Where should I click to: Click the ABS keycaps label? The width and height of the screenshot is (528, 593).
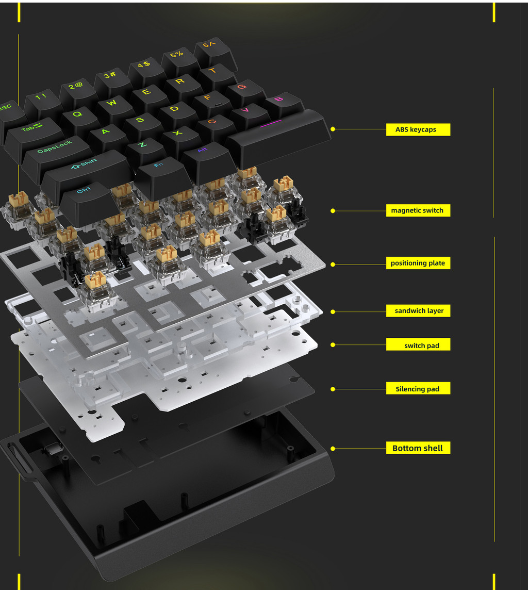[418, 129]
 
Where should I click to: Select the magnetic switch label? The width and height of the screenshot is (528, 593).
[418, 210]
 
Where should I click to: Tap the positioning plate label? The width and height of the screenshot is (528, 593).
[418, 263]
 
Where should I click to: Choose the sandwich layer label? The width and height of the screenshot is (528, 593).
[418, 310]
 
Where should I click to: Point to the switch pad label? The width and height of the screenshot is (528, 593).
[418, 345]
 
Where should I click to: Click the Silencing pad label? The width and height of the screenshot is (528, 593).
[418, 389]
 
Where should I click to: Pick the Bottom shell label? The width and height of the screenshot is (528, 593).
[418, 448]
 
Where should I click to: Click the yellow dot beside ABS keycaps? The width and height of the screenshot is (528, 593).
[333, 129]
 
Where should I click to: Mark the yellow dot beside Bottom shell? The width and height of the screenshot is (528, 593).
[333, 449]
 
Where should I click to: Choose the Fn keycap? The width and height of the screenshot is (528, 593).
[159, 167]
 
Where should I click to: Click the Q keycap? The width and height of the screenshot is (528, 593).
[77, 115]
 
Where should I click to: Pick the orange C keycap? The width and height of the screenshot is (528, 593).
[211, 122]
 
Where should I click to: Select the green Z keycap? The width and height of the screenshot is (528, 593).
[142, 145]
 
